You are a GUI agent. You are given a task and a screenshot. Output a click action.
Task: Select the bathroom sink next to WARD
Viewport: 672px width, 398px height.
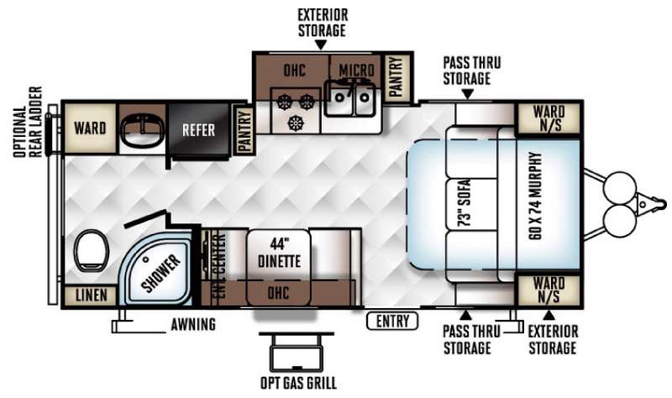point(142,129)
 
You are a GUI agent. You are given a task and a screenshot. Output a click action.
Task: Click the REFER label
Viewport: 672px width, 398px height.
point(198,130)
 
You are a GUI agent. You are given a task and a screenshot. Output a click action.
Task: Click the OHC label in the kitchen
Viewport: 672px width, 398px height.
point(294,69)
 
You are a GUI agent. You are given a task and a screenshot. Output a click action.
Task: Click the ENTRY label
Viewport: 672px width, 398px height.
point(392,320)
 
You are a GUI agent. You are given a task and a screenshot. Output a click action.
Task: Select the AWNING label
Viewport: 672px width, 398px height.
point(192,323)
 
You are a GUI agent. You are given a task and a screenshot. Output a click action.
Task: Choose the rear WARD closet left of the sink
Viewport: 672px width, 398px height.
point(89,128)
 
